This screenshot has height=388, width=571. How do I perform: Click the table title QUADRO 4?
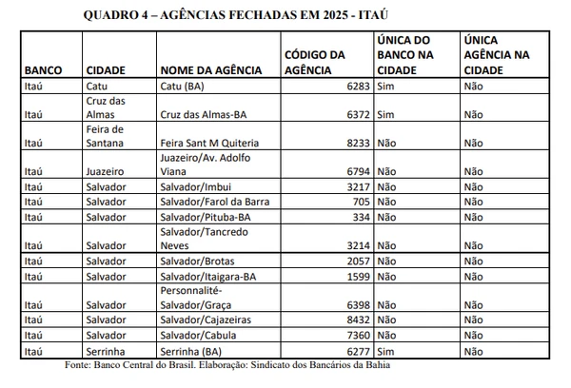236,15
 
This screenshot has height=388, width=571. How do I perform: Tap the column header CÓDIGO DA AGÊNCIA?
316,63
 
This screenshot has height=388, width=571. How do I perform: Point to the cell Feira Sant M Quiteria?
211,143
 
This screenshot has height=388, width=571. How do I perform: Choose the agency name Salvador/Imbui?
196,186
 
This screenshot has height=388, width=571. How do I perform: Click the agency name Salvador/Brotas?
199,260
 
